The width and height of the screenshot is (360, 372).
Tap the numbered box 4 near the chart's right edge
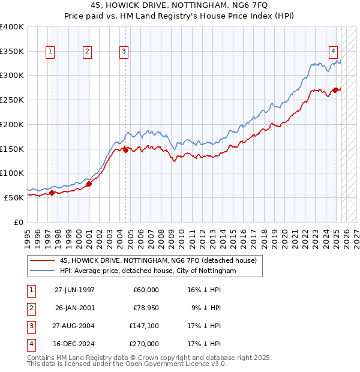pos(332,52)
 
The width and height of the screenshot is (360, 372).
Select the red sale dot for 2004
pos(125,150)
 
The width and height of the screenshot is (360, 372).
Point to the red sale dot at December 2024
pos(335,90)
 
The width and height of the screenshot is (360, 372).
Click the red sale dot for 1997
pos(52,193)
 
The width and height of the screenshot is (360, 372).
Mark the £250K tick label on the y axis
pos(12,100)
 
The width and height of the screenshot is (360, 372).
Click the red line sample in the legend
pos(42,260)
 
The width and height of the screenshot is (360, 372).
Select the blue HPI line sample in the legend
pos(42,271)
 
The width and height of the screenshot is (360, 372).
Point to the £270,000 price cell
pos(144,344)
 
